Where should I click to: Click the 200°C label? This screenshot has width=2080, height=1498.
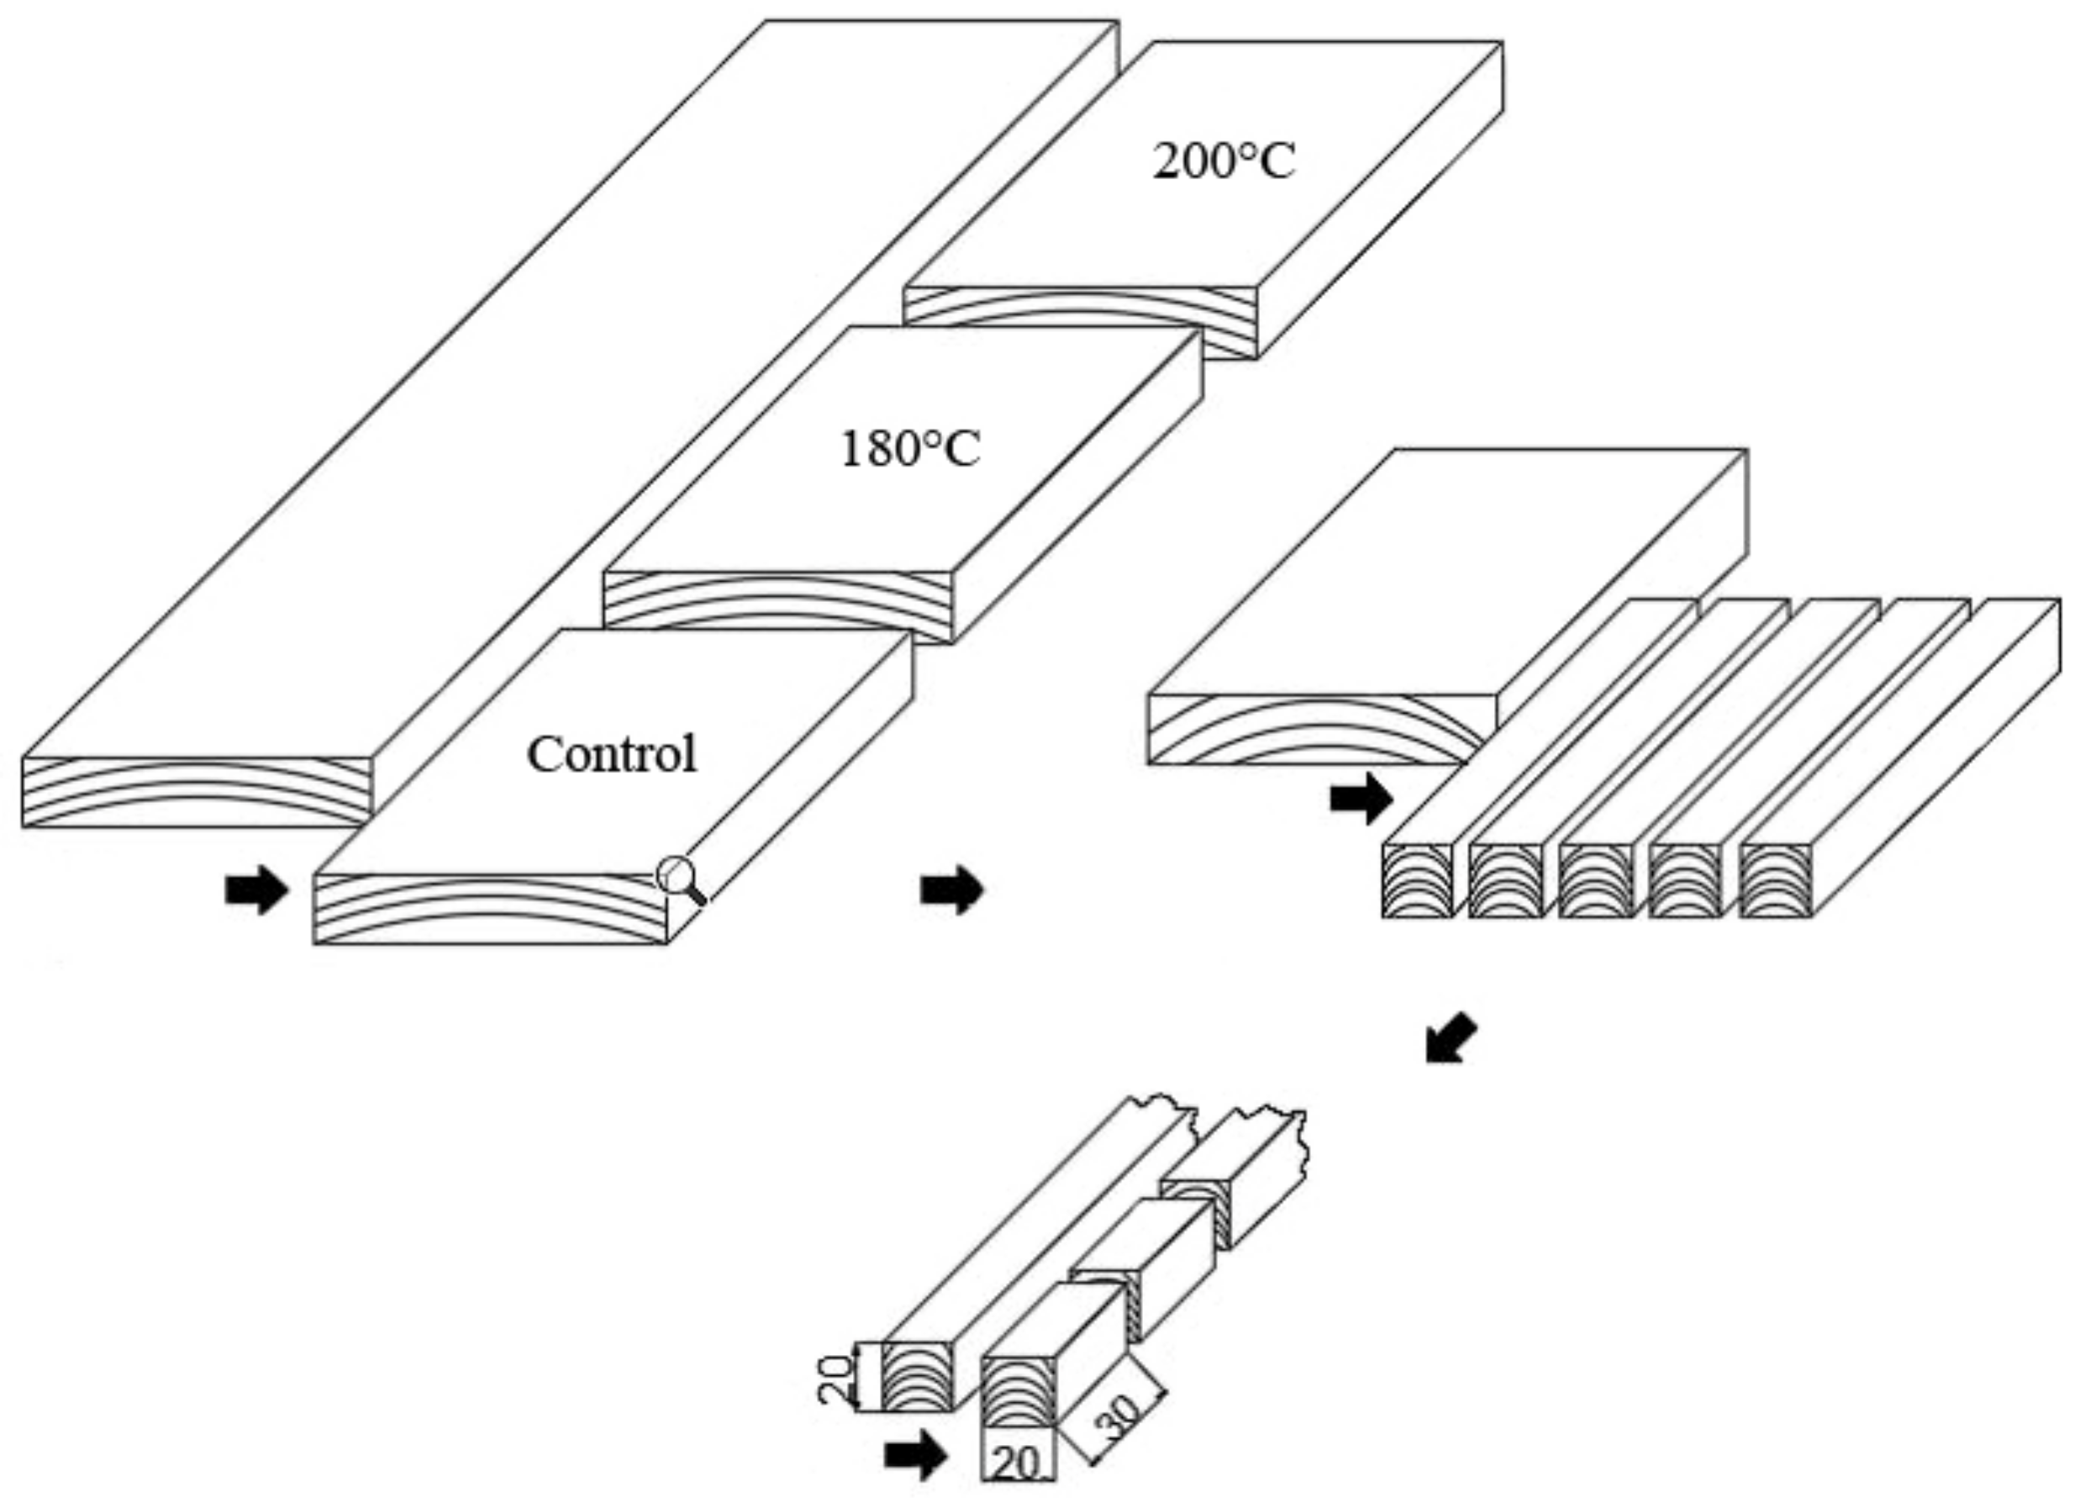click(x=1224, y=162)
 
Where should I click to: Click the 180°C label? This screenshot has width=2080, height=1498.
click(x=910, y=450)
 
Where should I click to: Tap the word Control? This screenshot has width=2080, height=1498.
click(x=612, y=754)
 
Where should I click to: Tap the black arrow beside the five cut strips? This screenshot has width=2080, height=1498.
click(x=1361, y=797)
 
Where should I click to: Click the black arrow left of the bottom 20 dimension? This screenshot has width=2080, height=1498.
click(x=915, y=1455)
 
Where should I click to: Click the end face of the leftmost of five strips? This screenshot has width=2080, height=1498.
click(x=1418, y=881)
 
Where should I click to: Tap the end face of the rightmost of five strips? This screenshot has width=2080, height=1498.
click(x=1776, y=881)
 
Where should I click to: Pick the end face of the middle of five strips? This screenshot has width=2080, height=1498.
click(x=1596, y=881)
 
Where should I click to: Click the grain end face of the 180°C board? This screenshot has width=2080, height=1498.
click(x=777, y=601)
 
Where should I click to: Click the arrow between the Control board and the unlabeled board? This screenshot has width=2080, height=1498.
click(x=951, y=889)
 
